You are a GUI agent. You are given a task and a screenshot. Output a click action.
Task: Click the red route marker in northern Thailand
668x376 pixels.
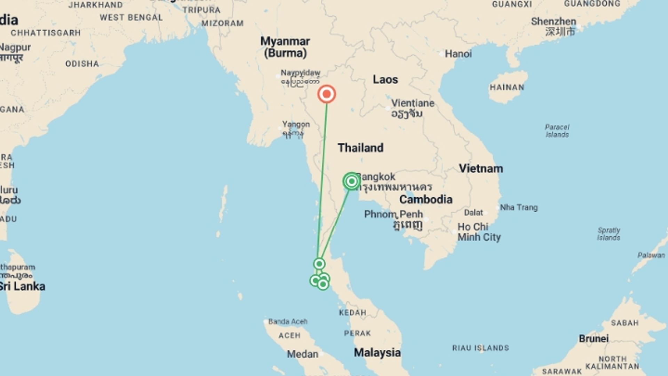[326, 94]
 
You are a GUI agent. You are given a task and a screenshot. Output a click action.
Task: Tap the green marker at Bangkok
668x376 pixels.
[351, 181]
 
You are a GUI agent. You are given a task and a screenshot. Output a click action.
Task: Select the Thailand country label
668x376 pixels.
[360, 148]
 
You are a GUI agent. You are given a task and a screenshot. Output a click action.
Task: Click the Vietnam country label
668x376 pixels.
[481, 169]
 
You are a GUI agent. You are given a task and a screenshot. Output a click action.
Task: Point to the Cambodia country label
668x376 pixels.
[426, 199]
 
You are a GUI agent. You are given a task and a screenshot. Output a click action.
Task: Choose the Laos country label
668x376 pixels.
[385, 79]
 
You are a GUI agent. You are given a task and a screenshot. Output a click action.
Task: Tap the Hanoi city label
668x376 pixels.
[458, 54]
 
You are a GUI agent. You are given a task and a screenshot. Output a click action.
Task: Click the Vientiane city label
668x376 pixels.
[413, 103]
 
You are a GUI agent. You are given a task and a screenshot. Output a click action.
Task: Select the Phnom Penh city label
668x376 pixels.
[393, 214]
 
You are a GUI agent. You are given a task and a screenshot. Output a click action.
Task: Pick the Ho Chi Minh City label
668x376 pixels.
[479, 232]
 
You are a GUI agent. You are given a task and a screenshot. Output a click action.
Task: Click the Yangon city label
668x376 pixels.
[296, 124]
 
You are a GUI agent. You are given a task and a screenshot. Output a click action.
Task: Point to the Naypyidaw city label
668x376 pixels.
[300, 73]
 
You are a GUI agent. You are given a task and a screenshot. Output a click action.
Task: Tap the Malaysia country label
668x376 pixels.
[377, 353]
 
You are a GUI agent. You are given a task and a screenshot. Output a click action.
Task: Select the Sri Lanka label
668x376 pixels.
[23, 287]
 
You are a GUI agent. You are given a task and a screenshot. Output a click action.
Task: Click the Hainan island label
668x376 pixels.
[507, 87]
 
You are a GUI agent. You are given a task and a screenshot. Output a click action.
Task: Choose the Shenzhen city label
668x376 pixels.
[553, 22]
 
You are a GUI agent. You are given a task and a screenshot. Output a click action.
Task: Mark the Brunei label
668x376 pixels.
[594, 339]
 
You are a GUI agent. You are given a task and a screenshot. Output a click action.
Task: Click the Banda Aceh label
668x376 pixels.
[288, 322]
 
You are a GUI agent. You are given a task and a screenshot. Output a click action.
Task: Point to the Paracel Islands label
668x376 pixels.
[557, 131]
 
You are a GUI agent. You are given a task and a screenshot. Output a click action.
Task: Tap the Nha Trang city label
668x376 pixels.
[519, 207]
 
